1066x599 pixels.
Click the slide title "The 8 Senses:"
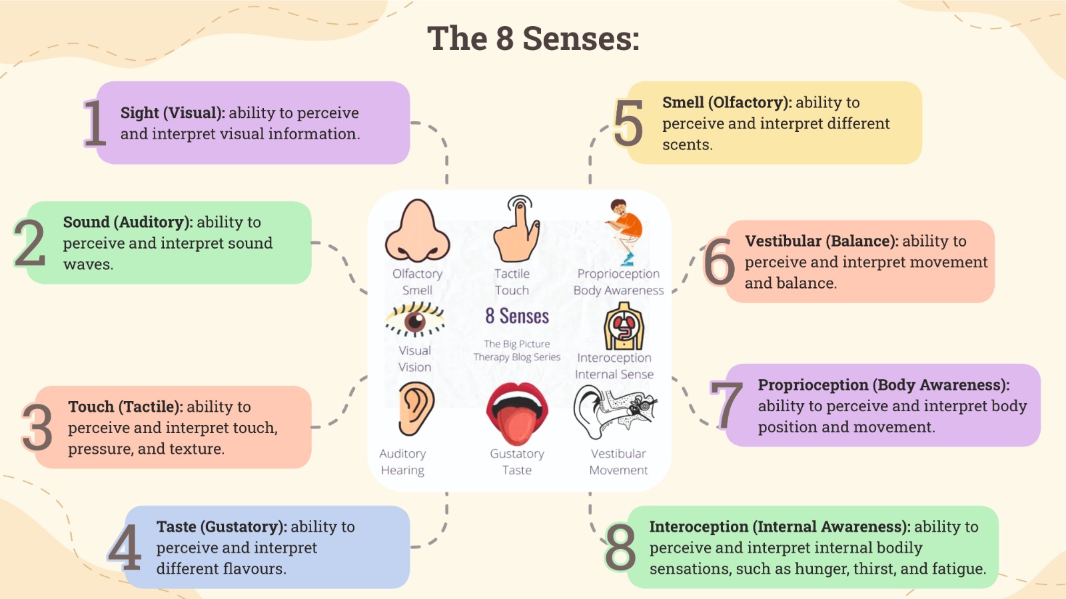click(533, 39)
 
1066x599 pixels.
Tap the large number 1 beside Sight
click(95, 123)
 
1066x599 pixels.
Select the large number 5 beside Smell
click(628, 123)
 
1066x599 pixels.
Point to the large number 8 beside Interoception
click(620, 547)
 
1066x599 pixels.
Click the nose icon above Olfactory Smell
click(418, 231)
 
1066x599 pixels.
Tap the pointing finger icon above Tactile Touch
click(517, 229)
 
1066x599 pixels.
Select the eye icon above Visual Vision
click(415, 320)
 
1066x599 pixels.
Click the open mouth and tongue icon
click(517, 413)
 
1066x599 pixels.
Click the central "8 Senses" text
click(517, 316)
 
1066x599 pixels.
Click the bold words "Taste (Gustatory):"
click(221, 526)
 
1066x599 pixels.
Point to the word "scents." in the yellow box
click(687, 145)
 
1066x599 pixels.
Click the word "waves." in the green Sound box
click(88, 265)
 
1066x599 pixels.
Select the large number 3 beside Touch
click(37, 427)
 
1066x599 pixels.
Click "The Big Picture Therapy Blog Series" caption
click(517, 350)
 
